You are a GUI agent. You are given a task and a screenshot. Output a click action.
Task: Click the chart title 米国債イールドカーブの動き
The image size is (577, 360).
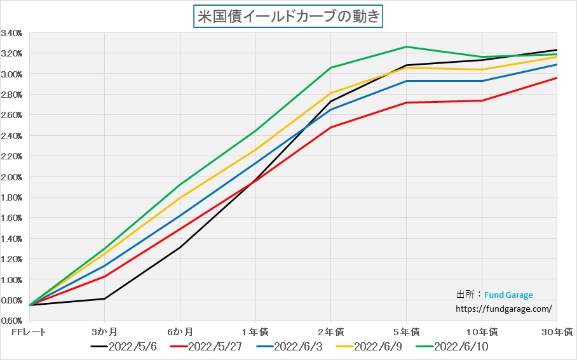coord(288,16)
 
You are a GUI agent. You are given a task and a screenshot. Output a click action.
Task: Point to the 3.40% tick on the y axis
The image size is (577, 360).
coord(13,32)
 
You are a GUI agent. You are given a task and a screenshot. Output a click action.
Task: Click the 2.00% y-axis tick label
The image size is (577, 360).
coord(13,177)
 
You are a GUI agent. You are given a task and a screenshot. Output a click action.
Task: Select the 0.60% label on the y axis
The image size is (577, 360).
coord(13,321)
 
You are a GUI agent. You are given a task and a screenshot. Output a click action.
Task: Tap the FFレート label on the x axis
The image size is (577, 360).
coord(29,332)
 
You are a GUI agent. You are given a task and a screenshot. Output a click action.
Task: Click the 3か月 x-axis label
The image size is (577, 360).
coord(104,332)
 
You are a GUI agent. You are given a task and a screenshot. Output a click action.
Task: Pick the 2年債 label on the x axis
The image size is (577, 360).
coord(330,332)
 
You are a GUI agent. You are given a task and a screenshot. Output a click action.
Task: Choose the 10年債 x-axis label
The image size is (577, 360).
coord(482,332)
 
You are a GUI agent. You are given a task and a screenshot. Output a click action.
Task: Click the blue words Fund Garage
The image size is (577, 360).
coord(508,295)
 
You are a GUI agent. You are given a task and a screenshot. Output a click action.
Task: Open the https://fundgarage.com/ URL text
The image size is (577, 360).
coord(504,309)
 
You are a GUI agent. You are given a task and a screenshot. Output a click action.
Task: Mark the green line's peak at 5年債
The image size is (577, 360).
coord(406,47)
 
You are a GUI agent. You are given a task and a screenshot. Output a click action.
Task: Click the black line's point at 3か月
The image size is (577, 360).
coord(104,298)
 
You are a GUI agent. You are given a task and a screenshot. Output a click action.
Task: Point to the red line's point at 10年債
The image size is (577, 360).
coord(482,100)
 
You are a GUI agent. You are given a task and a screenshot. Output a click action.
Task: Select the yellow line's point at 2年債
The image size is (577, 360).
coord(330,93)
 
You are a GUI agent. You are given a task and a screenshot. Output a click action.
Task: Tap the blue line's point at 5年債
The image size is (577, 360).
coord(406,81)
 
